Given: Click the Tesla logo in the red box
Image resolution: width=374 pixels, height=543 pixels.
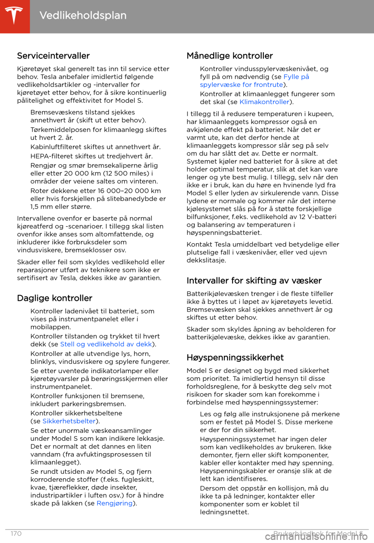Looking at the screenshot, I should tap(14, 16).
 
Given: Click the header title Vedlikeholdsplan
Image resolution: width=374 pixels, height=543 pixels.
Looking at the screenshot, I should tap(83, 16).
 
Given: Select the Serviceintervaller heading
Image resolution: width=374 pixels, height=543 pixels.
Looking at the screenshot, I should tap(53, 56).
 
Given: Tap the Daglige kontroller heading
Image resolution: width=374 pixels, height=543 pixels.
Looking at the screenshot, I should tap(55, 298).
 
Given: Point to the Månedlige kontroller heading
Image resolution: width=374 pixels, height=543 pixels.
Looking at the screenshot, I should tap(229, 56).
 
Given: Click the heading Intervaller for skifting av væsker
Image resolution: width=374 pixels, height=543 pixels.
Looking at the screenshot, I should tap(254, 280).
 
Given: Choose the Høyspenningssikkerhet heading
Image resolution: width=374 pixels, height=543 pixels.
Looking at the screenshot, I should tap(235, 357).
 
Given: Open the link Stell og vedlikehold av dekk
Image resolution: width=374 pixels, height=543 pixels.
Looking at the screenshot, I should tap(106, 344).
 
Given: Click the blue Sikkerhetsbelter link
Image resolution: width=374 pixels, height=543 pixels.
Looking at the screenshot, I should tap(69, 421).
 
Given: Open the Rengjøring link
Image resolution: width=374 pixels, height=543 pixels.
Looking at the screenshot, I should tap(115, 503).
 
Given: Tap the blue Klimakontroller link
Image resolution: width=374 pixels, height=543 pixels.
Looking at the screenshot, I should tap(265, 102).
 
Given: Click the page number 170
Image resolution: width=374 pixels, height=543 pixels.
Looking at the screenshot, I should tap(16, 534).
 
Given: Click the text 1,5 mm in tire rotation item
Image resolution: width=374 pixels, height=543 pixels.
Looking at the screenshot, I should tap(42, 207).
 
